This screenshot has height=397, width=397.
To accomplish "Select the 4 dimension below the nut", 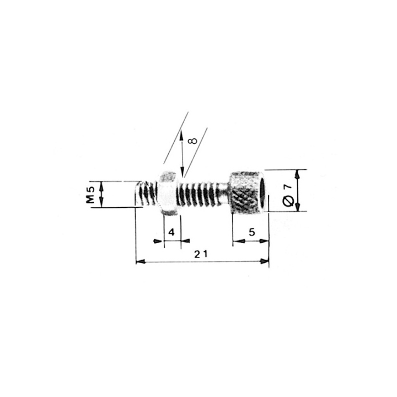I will pyautogui.click(x=171, y=233).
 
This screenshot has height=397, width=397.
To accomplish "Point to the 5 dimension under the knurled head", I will pyautogui.click(x=251, y=233).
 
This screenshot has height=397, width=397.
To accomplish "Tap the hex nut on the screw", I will pyautogui.click(x=167, y=193).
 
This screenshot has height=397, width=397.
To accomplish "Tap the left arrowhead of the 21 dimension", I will pyautogui.click(x=140, y=261).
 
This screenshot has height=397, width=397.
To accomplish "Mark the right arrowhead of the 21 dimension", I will pyautogui.click(x=265, y=261).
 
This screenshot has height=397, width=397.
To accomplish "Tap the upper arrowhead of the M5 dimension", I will pyautogui.click(x=102, y=184).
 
